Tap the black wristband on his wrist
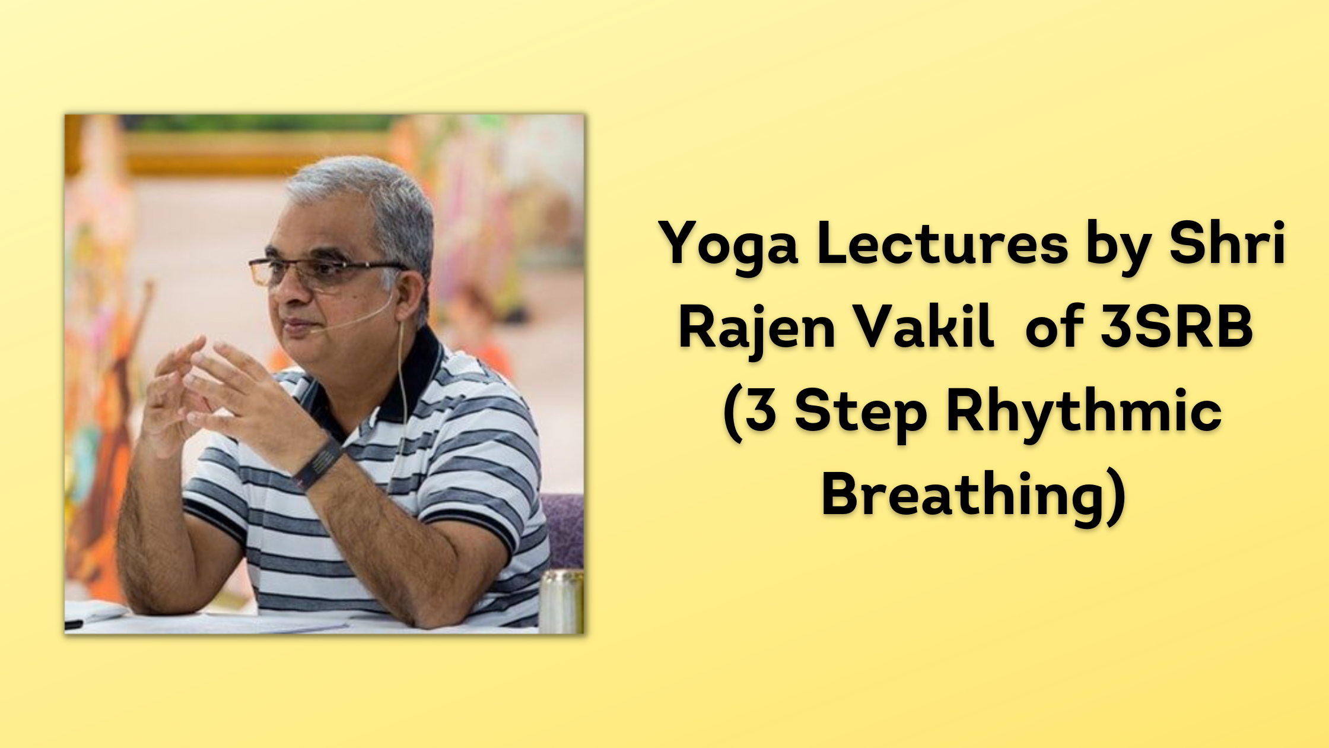318,462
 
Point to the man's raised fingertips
196,350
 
